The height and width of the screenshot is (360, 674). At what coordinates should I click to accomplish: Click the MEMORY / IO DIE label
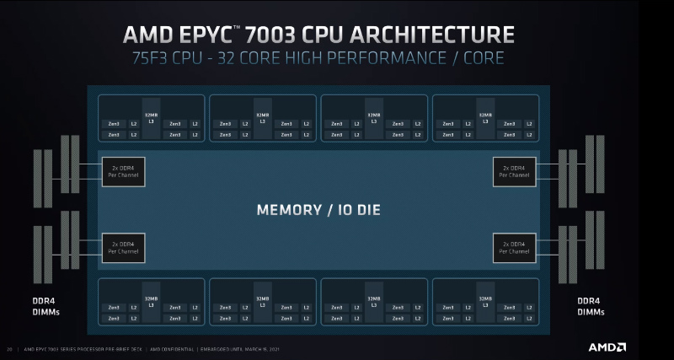(x=318, y=208)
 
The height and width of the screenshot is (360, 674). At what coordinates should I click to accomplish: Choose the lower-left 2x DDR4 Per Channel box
(x=123, y=247)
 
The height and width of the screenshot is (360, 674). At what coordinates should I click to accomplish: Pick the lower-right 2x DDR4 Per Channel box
(x=514, y=247)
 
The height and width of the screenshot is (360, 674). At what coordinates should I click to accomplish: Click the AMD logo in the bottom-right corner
(x=607, y=347)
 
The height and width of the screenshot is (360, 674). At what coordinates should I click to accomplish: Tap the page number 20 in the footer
(x=9, y=348)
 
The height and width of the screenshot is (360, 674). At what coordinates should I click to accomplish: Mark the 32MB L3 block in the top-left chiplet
(x=151, y=118)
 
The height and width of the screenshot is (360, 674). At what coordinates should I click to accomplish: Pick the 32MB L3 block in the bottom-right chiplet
(x=485, y=301)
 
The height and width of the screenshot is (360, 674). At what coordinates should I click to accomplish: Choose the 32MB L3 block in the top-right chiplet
(x=485, y=118)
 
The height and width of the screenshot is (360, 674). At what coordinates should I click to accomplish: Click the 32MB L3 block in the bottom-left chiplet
(x=151, y=301)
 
